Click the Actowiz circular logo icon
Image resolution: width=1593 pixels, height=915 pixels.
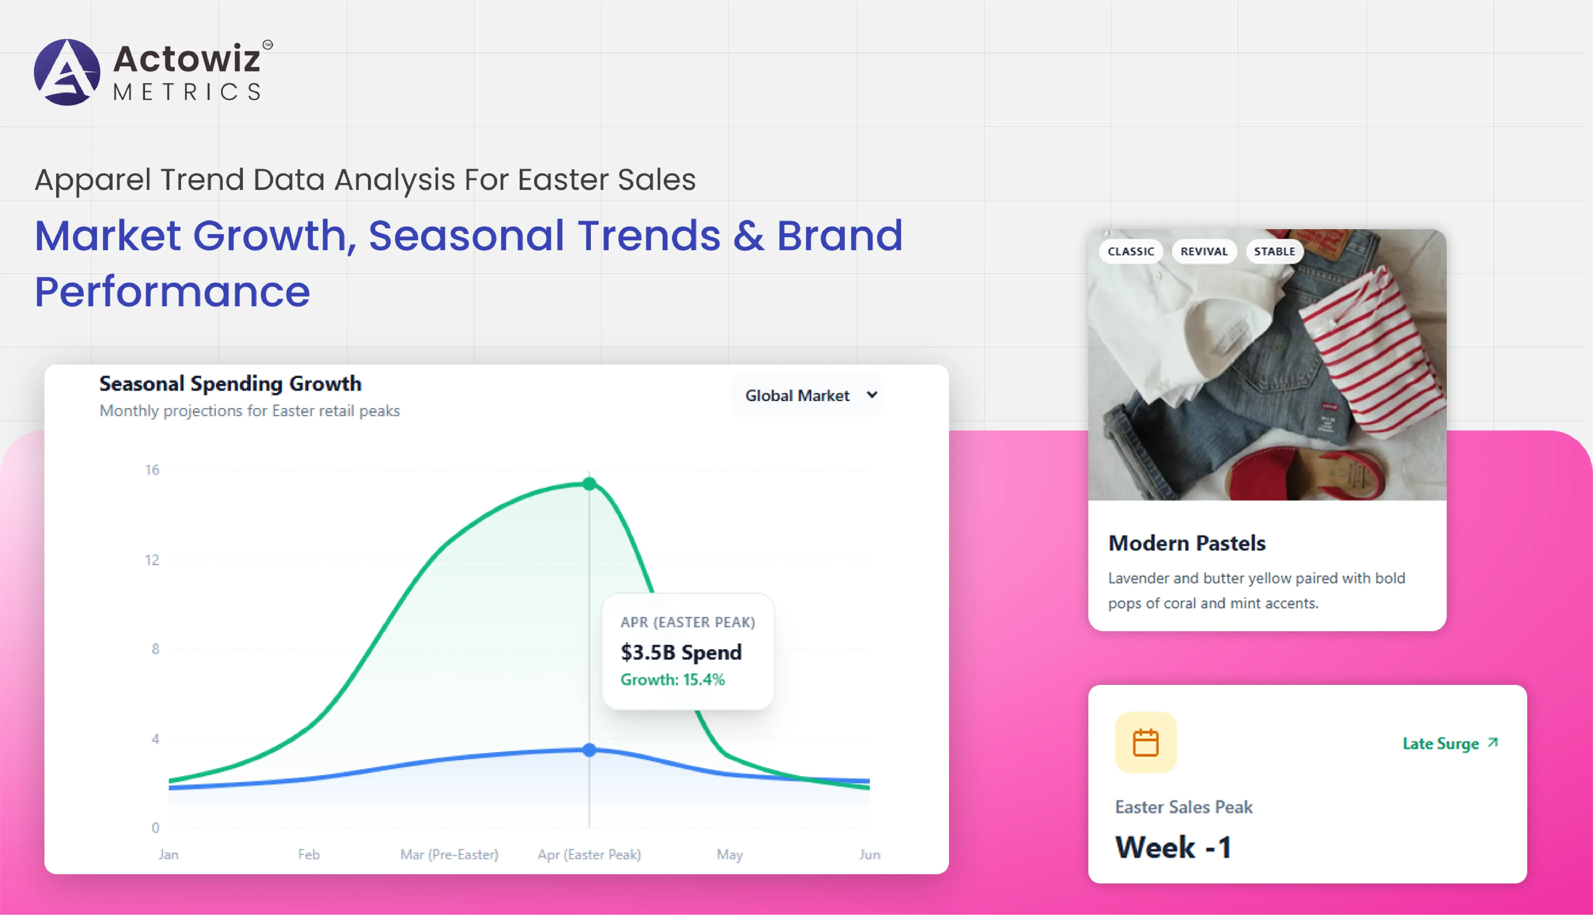click(67, 72)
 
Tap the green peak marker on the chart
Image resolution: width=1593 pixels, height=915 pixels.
click(589, 484)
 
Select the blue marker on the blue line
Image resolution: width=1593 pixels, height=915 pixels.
click(589, 750)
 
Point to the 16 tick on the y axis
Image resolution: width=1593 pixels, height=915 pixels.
click(152, 470)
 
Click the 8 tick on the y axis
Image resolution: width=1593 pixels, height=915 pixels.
click(155, 649)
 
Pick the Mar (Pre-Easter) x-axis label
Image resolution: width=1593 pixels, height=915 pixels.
click(449, 855)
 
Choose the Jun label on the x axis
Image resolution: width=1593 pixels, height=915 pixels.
click(870, 855)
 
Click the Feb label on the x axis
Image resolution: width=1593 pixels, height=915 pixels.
click(309, 855)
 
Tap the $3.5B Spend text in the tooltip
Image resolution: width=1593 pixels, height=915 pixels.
click(681, 652)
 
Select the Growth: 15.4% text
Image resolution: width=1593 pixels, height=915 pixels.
click(672, 679)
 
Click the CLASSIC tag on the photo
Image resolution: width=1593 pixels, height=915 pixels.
click(1131, 251)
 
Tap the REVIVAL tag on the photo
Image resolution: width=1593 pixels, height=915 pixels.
click(1204, 251)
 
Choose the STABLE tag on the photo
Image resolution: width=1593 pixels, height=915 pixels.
click(1274, 251)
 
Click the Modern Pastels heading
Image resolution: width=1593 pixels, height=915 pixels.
click(1187, 543)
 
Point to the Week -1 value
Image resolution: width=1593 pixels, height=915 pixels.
click(1173, 847)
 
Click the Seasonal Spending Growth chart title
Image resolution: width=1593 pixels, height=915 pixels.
click(230, 383)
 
